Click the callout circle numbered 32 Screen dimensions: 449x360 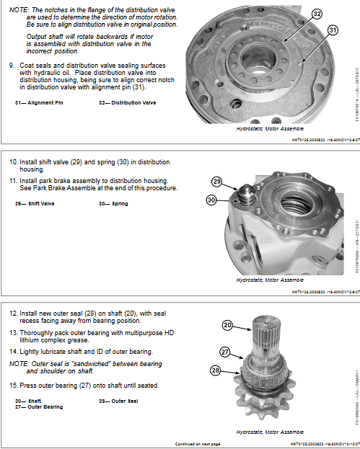317,14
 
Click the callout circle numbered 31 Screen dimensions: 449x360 333,30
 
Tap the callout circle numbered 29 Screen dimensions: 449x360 216,182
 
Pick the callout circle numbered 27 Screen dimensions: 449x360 226,352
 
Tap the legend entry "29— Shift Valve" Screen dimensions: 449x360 34,204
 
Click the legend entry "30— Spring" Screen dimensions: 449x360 113,204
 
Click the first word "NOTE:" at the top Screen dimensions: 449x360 17,5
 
